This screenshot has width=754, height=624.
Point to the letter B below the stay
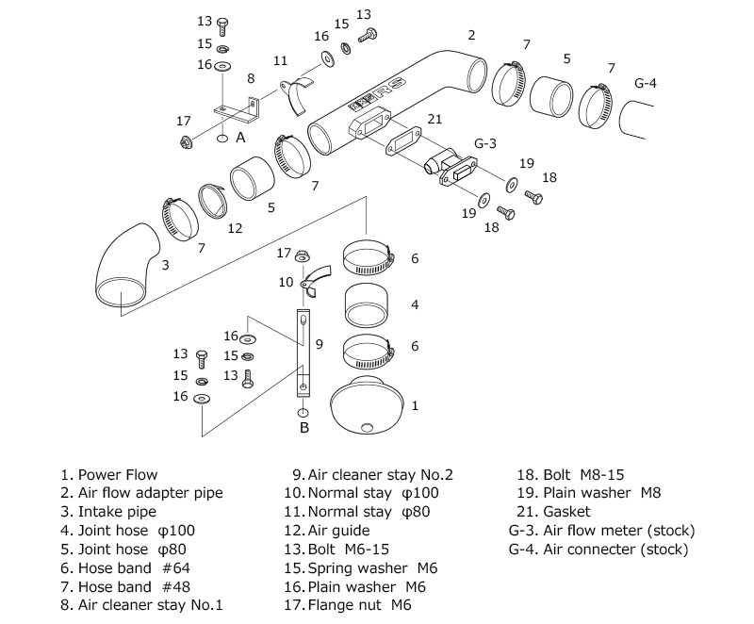[303, 428]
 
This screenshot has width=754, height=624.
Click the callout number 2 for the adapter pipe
[470, 36]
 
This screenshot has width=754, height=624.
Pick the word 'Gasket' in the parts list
[566, 512]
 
